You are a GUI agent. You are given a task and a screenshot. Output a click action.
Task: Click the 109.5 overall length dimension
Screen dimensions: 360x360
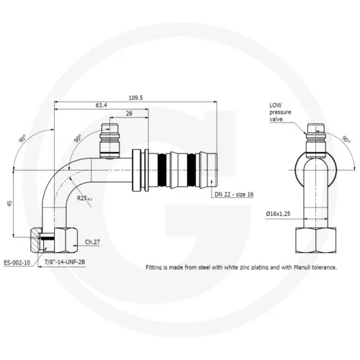(135, 98)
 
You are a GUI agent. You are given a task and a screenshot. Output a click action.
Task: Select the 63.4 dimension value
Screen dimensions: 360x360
(102, 105)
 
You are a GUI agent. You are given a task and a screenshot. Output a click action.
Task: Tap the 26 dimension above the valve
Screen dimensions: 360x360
(129, 114)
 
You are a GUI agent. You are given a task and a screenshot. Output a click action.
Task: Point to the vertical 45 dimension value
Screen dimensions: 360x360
(9, 204)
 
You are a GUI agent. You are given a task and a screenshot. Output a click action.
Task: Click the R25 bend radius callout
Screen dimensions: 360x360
(84, 198)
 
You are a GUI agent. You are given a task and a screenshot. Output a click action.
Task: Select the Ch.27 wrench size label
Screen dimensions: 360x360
(92, 242)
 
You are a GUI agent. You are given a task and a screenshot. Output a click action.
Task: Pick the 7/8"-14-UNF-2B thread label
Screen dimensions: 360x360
(65, 262)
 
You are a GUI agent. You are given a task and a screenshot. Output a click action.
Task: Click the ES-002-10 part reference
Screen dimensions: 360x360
(17, 263)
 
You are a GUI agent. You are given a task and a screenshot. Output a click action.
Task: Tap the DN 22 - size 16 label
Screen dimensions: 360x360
(234, 194)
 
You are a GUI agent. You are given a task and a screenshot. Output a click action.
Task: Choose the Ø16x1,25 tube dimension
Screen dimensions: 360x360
(278, 214)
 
